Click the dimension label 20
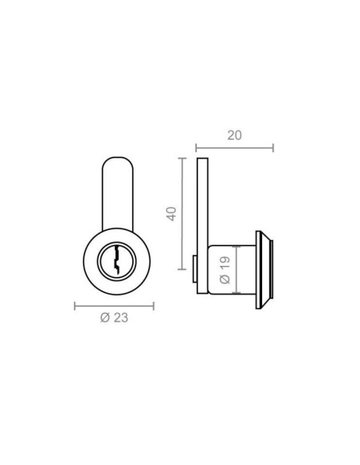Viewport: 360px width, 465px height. point(235,135)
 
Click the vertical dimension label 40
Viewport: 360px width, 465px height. point(171,214)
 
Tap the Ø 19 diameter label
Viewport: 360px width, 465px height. point(225,270)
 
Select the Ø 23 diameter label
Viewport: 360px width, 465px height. point(114,318)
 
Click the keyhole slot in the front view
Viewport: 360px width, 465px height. point(116,259)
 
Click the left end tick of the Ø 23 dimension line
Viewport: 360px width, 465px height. point(75,306)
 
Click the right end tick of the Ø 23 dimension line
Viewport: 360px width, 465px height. point(154,306)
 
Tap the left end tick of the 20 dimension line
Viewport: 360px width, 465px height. point(196,147)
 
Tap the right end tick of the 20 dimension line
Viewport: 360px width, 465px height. point(273,147)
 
